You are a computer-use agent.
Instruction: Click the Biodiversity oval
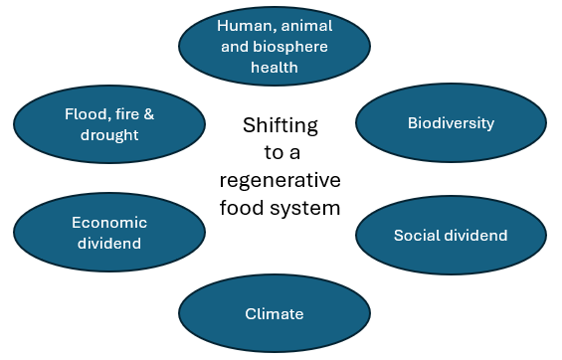tap(451, 123)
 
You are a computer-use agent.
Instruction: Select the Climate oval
tap(274, 314)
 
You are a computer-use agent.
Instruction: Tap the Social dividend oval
tap(451, 236)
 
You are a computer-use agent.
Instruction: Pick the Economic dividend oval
tap(108, 233)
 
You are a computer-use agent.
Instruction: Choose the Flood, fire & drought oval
tap(109, 124)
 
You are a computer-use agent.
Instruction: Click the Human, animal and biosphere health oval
tap(274, 47)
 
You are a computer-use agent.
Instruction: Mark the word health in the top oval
tap(274, 68)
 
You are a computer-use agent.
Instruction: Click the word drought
tap(109, 134)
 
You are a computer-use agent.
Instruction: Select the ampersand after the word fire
tap(148, 114)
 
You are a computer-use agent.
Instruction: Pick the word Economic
tap(108, 223)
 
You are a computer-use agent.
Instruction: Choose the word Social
tap(416, 236)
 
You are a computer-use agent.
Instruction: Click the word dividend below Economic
tap(108, 243)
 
